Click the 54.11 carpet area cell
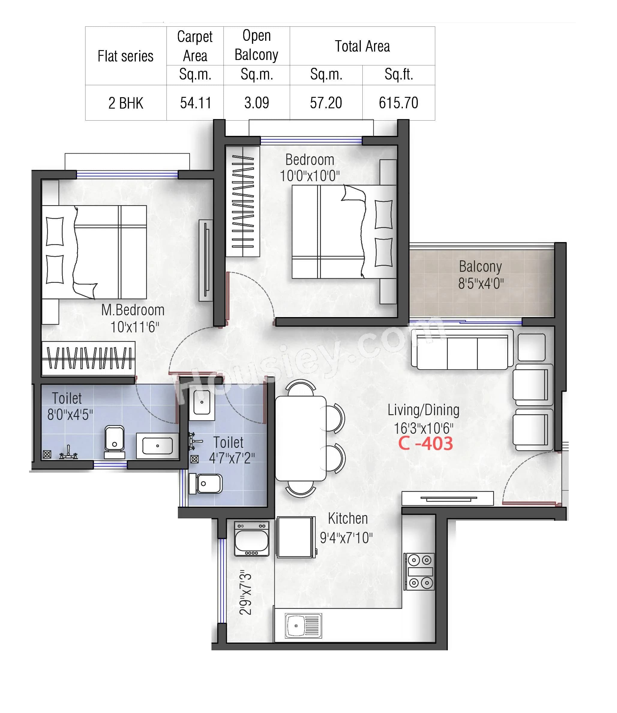pyautogui.click(x=195, y=103)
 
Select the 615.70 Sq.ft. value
pyautogui.click(x=398, y=103)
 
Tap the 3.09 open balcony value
pyautogui.click(x=256, y=103)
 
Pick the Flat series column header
pyautogui.click(x=125, y=56)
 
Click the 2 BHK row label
pyautogui.click(x=126, y=103)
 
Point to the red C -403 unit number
pyautogui.click(x=425, y=443)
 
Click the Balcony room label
pyautogui.click(x=480, y=266)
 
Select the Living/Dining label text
pyautogui.click(x=423, y=410)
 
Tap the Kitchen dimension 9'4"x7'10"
pyautogui.click(x=346, y=538)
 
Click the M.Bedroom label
pyautogui.click(x=133, y=310)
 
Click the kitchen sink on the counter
pyautogui.click(x=303, y=625)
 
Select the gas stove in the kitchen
pyautogui.click(x=419, y=571)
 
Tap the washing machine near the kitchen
pyautogui.click(x=251, y=539)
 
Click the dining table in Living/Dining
pyautogui.click(x=301, y=438)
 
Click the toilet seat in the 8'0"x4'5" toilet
pyautogui.click(x=114, y=442)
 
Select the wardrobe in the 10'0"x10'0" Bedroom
pyautogui.click(x=243, y=201)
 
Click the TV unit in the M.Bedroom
pyautogui.click(x=206, y=260)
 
